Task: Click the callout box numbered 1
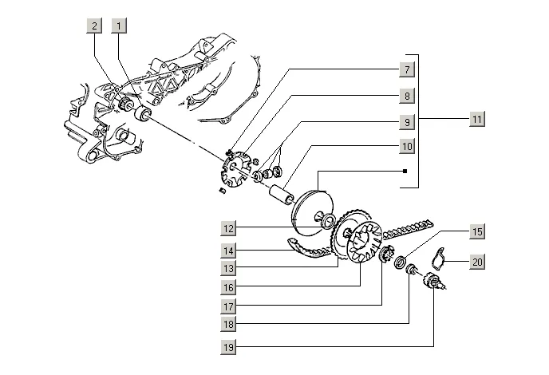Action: tap(119, 26)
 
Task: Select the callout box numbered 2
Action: tap(95, 26)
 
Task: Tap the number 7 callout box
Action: tap(406, 69)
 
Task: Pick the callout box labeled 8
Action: tap(406, 96)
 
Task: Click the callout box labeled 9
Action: tap(406, 122)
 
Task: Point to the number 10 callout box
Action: tap(406, 148)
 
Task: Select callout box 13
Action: tap(230, 267)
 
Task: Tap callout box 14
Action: tap(230, 250)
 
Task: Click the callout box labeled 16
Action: tap(230, 286)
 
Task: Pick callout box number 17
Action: tap(230, 306)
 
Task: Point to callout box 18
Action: tap(230, 325)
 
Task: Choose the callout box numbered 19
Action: tap(230, 347)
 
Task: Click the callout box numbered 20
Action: tap(477, 262)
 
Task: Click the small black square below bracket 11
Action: tap(405, 172)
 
